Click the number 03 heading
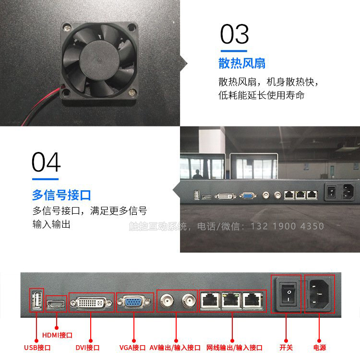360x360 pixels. coord(234,34)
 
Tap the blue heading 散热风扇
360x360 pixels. coord(242,63)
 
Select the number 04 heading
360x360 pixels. coord(46,162)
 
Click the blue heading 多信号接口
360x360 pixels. coord(61,195)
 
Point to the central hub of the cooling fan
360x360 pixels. coord(99,60)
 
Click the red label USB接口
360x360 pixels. coord(37,348)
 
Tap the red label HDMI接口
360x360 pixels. coord(57,335)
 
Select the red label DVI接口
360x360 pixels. coord(87,348)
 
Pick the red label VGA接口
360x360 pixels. coord(132,348)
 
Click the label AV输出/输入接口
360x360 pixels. coord(175,348)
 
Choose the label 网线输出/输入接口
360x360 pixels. coord(234,348)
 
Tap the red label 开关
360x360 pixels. coord(286,348)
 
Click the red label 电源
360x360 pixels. coord(320,348)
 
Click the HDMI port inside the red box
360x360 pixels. coord(56,304)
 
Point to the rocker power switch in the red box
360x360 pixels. coord(288,295)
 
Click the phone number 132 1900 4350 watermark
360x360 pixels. coord(287,226)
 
